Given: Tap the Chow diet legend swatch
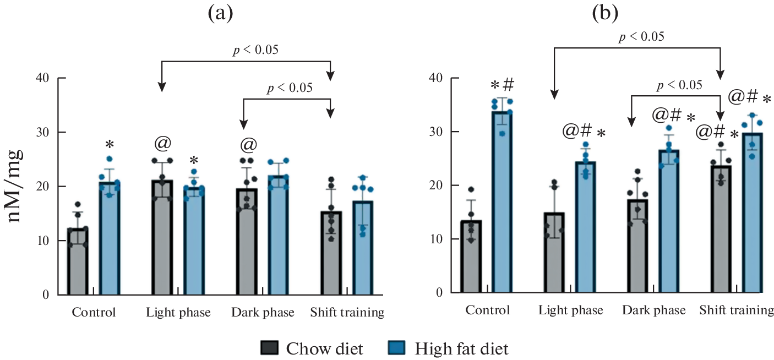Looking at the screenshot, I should pos(270,348).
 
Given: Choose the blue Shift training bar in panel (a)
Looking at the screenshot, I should pos(363,248).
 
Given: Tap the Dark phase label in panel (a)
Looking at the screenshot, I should pos(263,313).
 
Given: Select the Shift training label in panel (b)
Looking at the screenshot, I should pos(737,310).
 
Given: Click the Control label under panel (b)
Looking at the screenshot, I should pos(488,310).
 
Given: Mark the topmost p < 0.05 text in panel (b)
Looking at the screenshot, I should pos(641,37).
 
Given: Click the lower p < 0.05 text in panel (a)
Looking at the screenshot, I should pos(290,88).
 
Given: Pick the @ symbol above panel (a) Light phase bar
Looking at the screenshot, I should pos(162,144).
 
